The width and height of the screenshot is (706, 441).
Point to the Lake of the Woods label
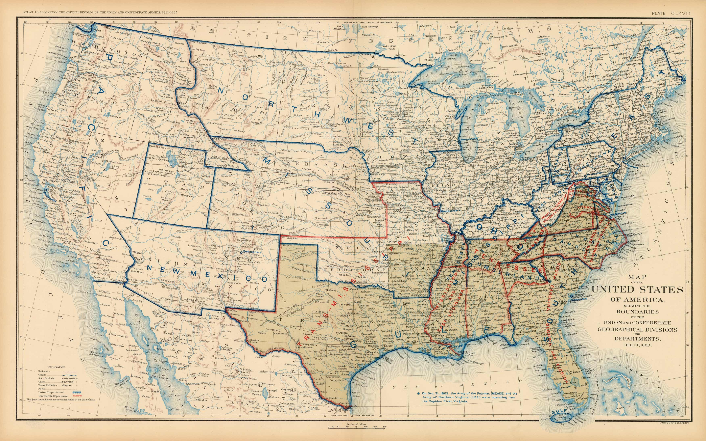click(390, 47)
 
